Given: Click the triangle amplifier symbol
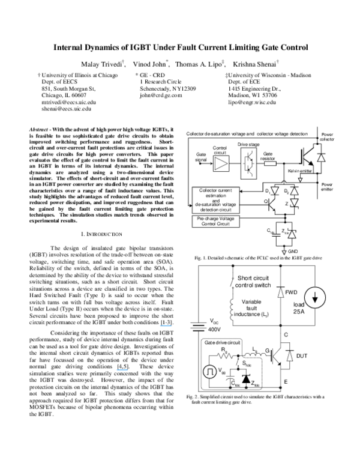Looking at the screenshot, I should click(x=221, y=163).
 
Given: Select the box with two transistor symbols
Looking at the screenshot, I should click(x=248, y=163).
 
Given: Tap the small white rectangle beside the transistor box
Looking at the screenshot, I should click(x=270, y=163).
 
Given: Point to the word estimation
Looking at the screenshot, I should click(x=216, y=196).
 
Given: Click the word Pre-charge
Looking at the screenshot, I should click(x=207, y=219).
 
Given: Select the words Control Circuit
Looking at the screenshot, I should click(x=216, y=224).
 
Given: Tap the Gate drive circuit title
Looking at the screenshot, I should click(x=221, y=342).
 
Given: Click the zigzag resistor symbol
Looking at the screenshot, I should click(x=223, y=356).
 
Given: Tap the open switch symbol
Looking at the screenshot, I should click(x=239, y=364).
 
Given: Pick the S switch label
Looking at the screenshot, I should click(x=247, y=363).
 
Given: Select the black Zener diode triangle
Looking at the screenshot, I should click(x=246, y=377).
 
